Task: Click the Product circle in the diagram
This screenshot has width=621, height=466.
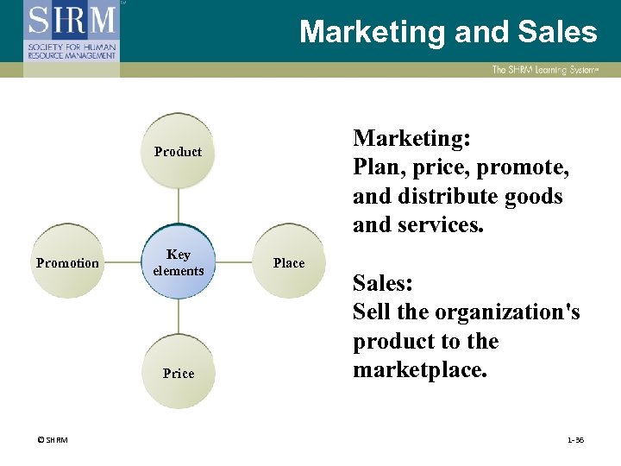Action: click(178, 152)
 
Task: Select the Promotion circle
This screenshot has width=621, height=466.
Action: click(67, 262)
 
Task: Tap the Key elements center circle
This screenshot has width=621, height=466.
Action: click(178, 262)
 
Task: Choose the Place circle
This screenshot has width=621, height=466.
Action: click(288, 262)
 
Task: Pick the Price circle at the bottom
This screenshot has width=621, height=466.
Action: click(178, 373)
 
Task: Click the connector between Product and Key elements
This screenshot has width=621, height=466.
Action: click(178, 207)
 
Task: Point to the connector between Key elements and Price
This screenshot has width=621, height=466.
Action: click(178, 318)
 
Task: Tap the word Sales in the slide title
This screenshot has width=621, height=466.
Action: click(557, 33)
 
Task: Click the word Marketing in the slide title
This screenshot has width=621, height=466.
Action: click(372, 33)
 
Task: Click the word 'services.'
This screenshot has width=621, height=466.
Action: click(442, 224)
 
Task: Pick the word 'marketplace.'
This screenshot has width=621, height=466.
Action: click(420, 370)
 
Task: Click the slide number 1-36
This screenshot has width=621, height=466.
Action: click(575, 440)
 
